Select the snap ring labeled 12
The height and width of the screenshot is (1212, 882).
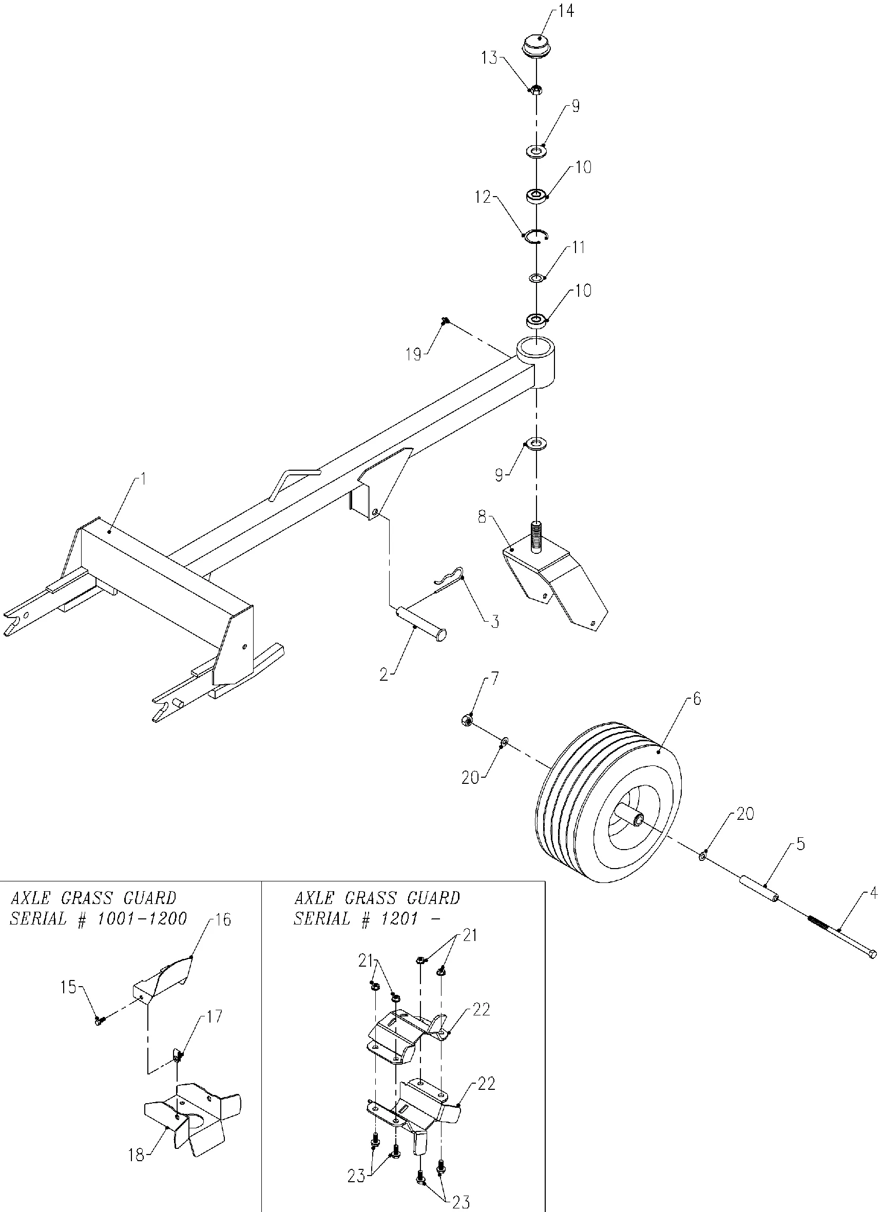click(538, 236)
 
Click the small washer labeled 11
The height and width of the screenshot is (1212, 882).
click(536, 278)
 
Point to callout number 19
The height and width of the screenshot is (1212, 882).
click(414, 354)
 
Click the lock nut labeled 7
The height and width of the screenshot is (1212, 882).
click(467, 721)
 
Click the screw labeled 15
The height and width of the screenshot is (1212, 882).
click(100, 1020)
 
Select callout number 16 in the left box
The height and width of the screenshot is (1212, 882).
click(222, 920)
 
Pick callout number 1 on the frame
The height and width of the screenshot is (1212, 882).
click(143, 479)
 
